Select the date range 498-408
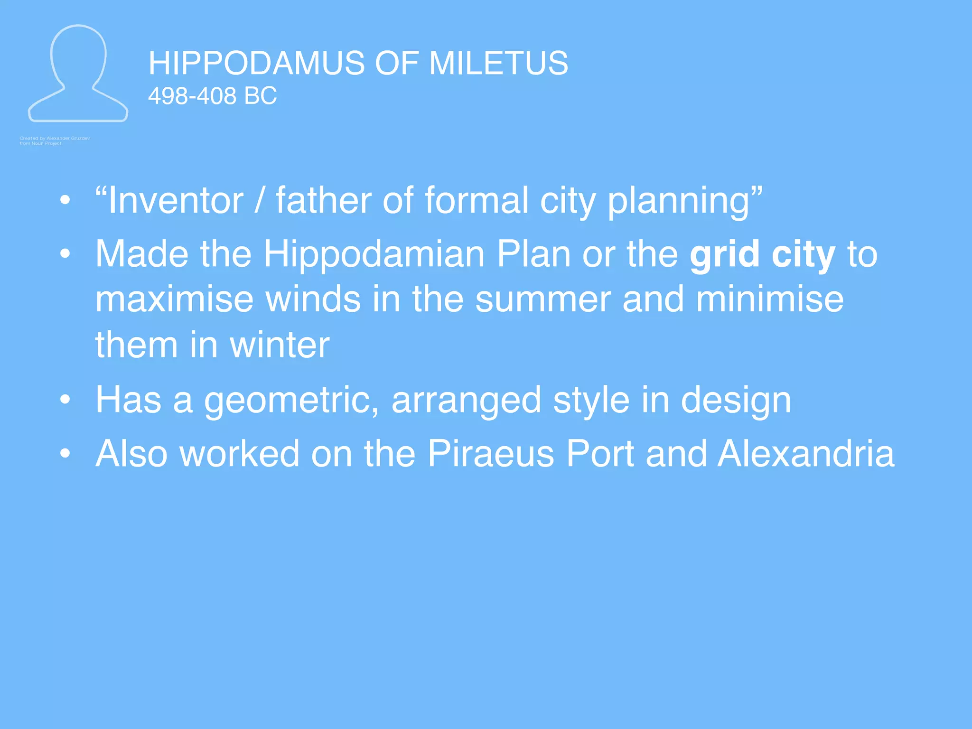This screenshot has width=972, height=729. [192, 96]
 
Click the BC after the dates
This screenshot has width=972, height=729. [260, 96]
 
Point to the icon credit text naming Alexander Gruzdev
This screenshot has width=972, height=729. [55, 139]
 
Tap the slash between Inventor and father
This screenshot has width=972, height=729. [259, 201]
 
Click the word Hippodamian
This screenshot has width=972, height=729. [374, 255]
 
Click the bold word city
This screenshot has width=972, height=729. [803, 255]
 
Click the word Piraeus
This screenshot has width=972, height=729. [491, 454]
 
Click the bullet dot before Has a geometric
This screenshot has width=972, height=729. [65, 400]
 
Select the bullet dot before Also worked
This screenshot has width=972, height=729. [65, 454]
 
